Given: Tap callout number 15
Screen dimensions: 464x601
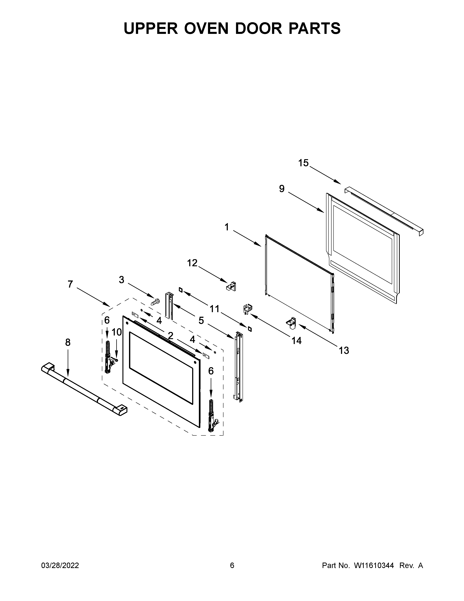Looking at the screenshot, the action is pos(304,163).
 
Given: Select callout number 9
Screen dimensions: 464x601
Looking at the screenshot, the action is pos(282,189).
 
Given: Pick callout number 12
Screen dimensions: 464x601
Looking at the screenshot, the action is pos(192,263).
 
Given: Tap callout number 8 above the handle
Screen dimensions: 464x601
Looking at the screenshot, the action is pos(68,342).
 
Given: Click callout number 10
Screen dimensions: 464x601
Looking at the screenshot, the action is pos(117,332).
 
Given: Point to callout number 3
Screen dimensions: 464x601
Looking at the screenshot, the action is pos(122,280).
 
